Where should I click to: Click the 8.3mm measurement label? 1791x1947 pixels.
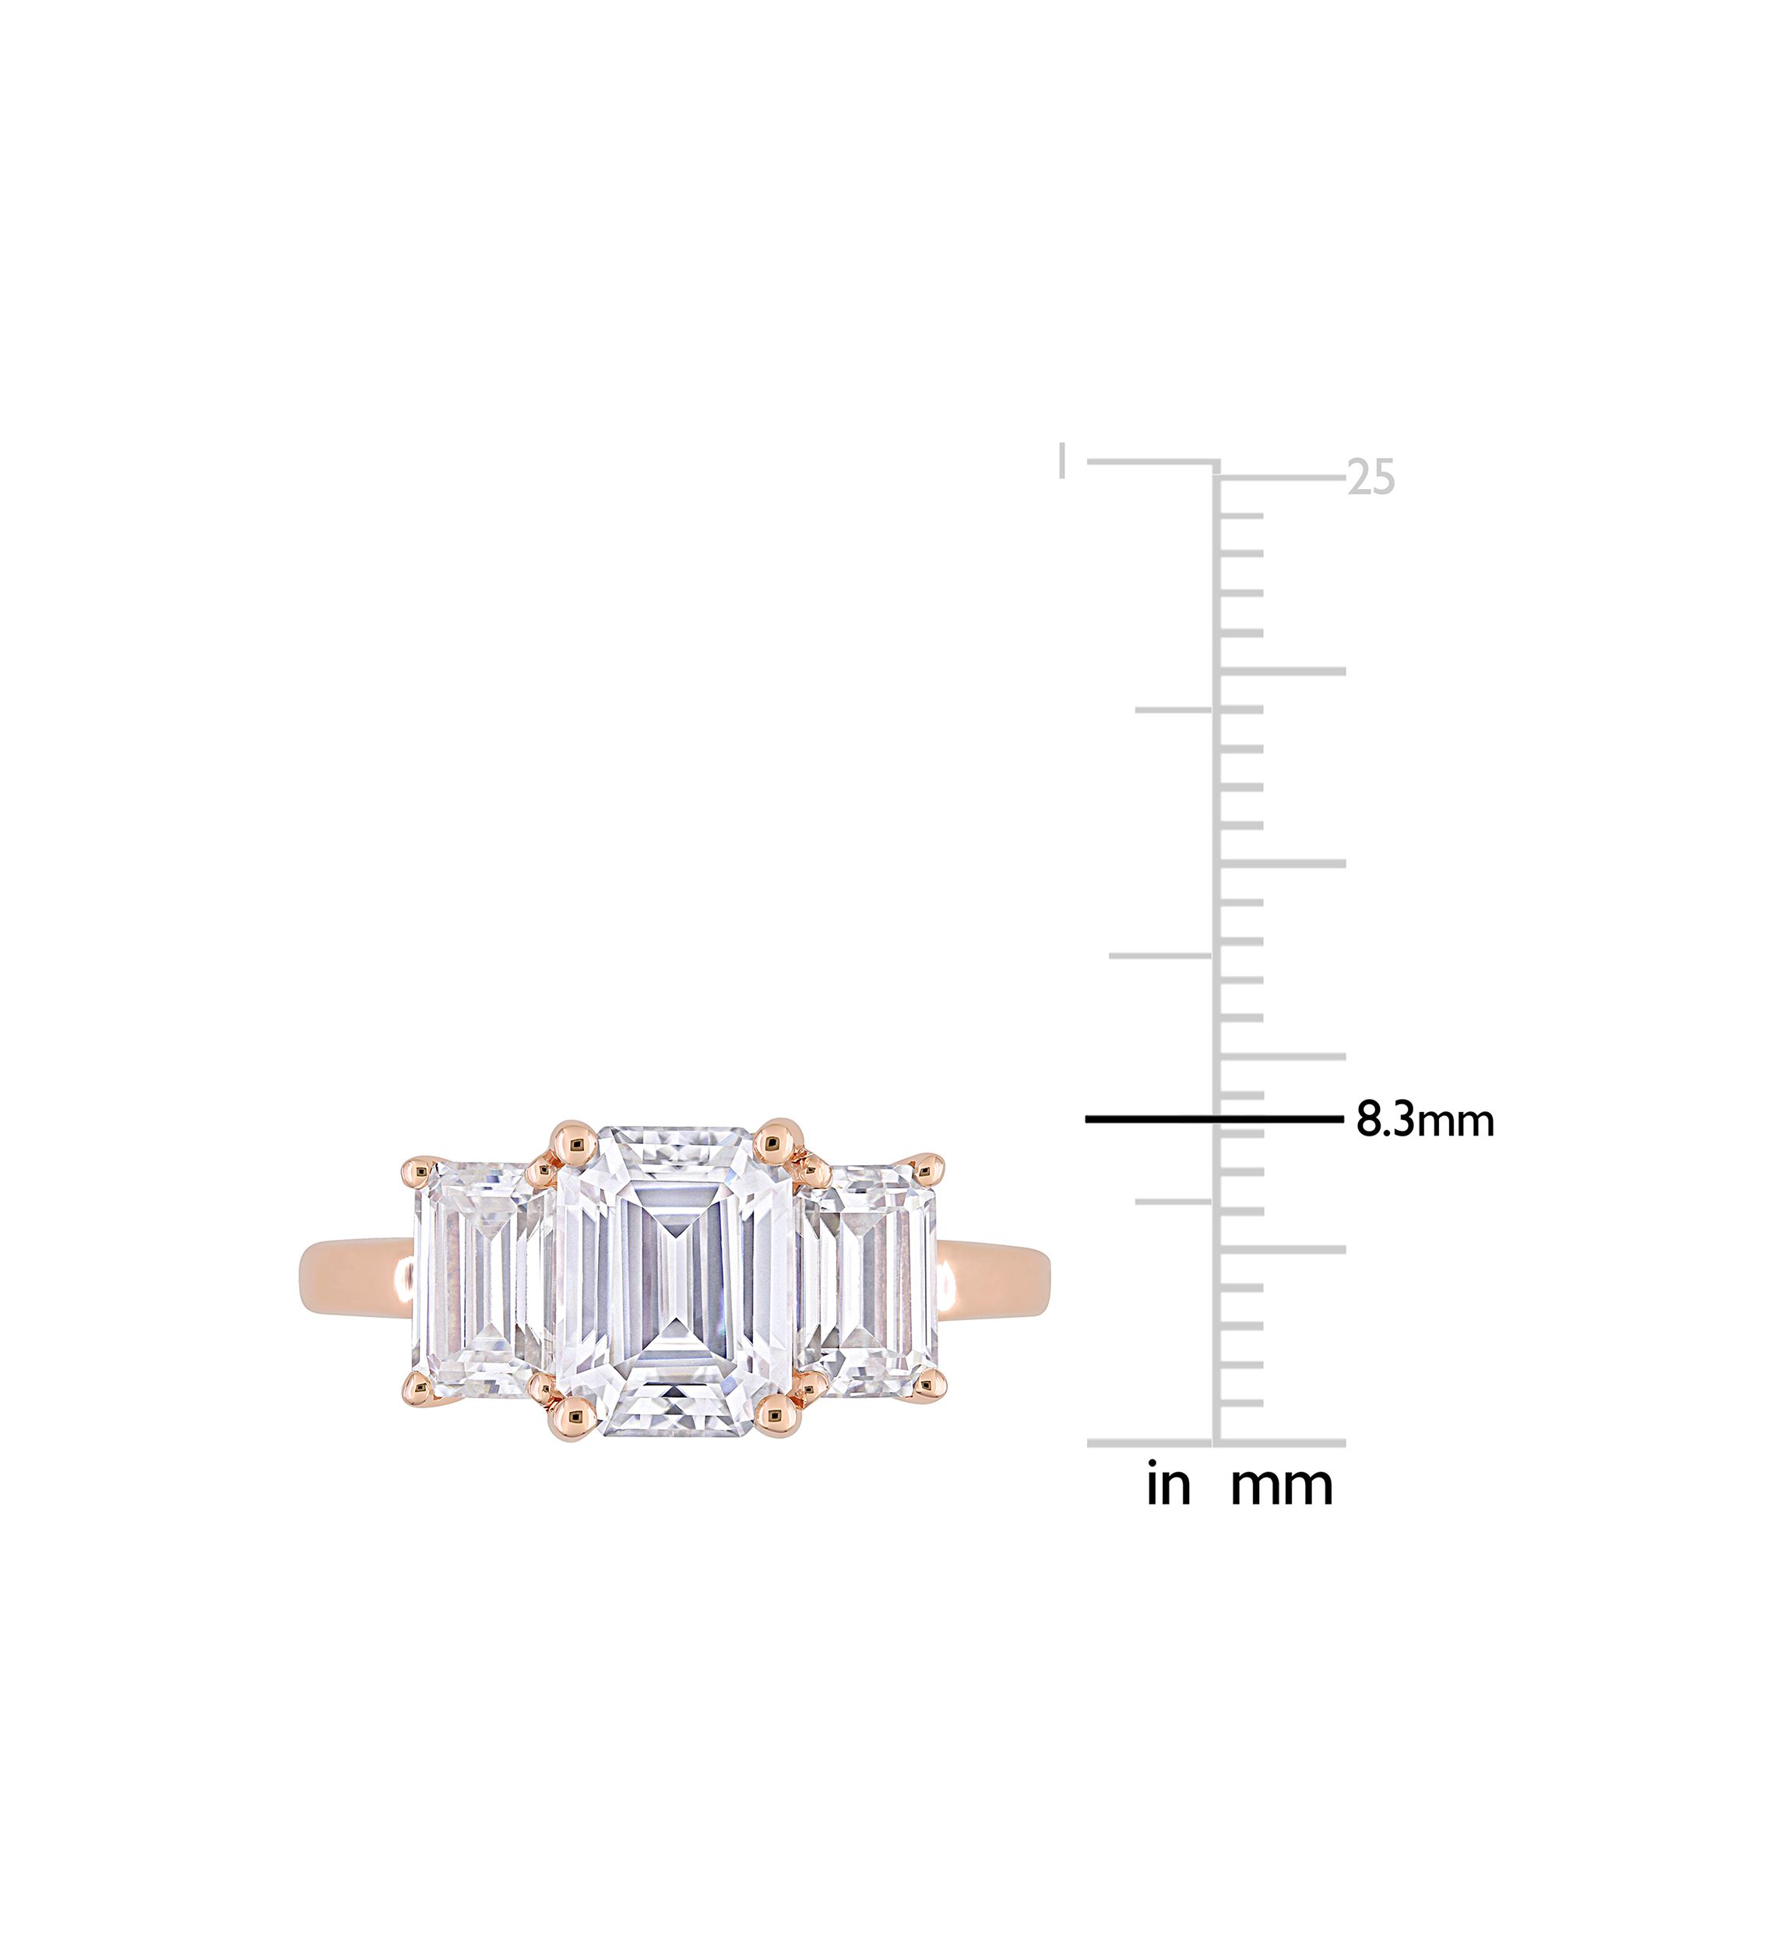point(1425,1121)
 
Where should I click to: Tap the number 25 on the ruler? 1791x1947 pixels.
point(1371,477)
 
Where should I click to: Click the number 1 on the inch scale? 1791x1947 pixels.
point(1063,460)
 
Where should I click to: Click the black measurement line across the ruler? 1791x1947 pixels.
point(1214,1119)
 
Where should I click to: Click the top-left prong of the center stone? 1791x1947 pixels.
point(575,1143)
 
